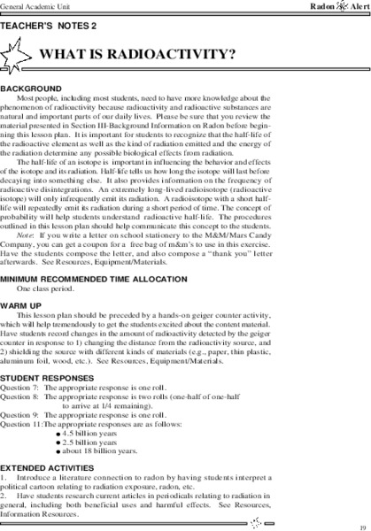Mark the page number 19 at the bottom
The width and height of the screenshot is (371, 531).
[363, 525]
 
